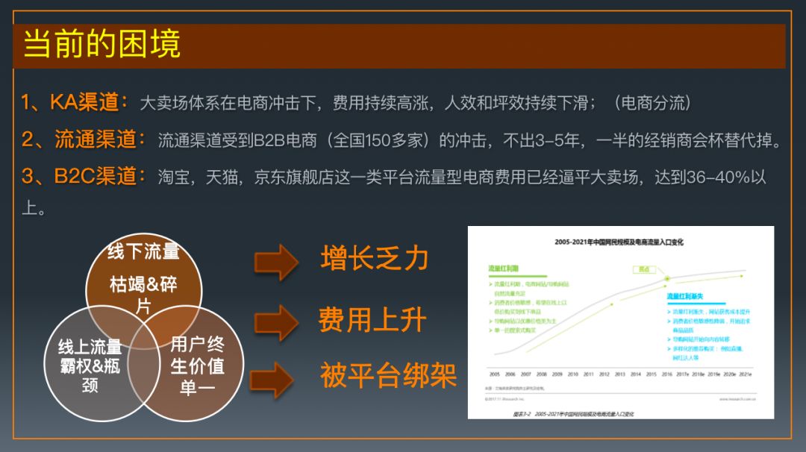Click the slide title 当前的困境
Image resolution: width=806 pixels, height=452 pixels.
[101, 45]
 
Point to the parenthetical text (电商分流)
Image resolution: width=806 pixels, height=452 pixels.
[652, 103]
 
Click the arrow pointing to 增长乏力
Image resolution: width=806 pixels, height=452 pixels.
[276, 262]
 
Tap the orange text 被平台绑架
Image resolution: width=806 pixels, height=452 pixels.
[388, 375]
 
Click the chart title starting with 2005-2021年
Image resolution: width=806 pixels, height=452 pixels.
[619, 242]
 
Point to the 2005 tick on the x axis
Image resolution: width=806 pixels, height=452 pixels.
[494, 374]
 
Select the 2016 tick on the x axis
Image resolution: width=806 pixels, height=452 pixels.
[667, 374]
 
